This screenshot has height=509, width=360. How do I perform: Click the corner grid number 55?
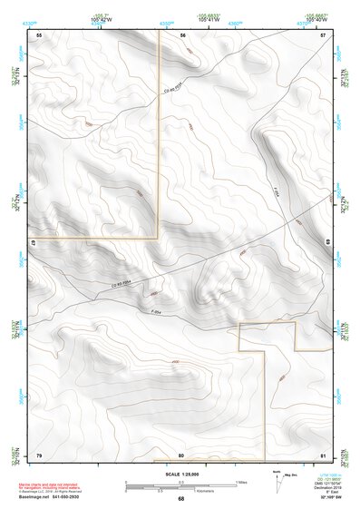(39, 34)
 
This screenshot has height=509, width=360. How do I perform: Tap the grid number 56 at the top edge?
(182, 34)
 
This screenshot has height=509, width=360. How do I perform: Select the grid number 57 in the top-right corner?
(324, 34)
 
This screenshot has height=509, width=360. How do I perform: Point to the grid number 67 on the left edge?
(33, 242)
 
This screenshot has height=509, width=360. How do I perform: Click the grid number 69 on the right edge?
(327, 242)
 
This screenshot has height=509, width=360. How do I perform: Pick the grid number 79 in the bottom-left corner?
(39, 455)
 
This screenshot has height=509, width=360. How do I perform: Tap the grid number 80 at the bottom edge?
(181, 455)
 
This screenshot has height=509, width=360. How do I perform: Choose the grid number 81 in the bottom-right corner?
(323, 455)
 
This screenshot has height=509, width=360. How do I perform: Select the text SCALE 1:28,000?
(180, 475)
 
